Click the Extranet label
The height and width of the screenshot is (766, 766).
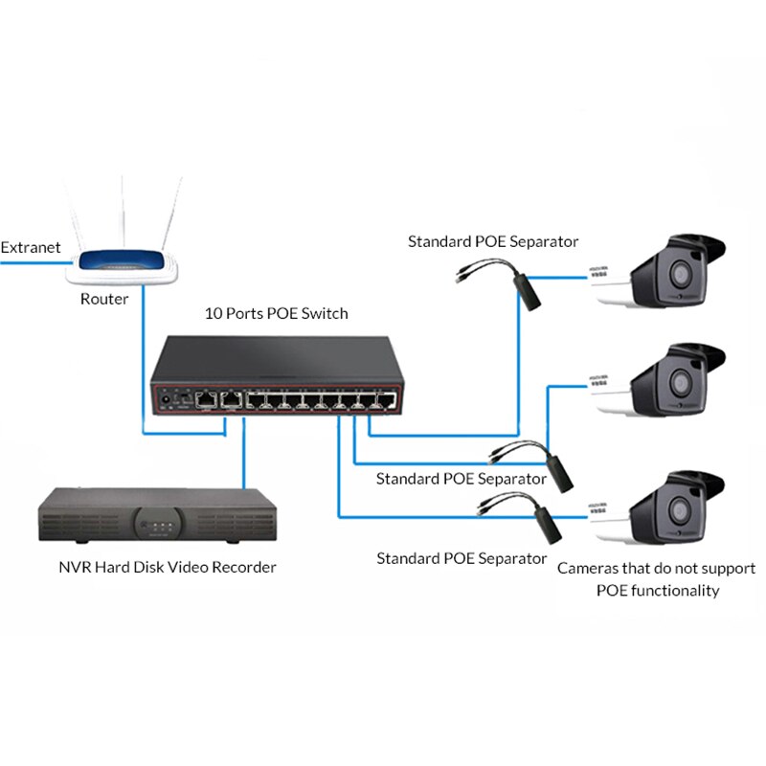[31, 247]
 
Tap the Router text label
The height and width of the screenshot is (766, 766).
[104, 299]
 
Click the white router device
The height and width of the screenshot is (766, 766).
[125, 263]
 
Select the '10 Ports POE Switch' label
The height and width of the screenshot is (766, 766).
[277, 313]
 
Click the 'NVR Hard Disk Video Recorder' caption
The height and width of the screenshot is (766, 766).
[167, 567]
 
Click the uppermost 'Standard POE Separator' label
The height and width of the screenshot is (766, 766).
[493, 241]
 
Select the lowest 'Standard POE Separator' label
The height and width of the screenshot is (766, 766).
[462, 557]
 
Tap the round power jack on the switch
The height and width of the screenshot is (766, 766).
[169, 396]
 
